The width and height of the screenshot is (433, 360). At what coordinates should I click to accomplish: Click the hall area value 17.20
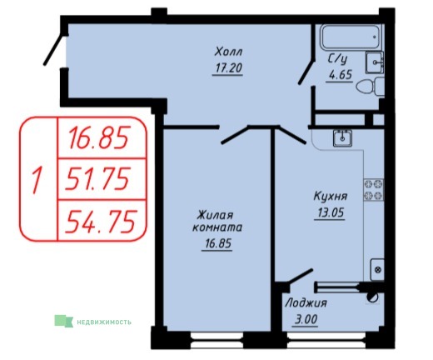pos(229,67)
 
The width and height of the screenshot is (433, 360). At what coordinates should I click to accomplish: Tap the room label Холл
pos(229,52)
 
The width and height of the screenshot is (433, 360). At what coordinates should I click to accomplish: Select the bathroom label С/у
pos(337,59)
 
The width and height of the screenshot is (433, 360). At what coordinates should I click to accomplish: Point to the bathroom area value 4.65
pos(341,74)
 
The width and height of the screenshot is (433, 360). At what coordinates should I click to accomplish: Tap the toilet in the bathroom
pos(371,87)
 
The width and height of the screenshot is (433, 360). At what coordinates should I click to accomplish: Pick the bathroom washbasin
pos(375,62)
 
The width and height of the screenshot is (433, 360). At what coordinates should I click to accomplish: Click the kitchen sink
pos(342,137)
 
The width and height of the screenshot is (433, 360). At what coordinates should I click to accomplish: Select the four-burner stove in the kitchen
pos(374,190)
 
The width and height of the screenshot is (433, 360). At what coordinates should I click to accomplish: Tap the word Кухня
pos(331,196)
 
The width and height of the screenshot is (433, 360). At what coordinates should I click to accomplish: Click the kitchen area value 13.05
pos(331,213)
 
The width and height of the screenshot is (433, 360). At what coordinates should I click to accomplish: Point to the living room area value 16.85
pos(218,243)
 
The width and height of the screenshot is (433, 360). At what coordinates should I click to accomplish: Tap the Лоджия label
pos(306,302)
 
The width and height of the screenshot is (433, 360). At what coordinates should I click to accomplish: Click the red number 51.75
pos(97,179)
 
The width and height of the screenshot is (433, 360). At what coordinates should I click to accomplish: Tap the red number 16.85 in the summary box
pos(99,137)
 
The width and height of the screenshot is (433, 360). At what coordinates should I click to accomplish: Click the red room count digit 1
pos(37,179)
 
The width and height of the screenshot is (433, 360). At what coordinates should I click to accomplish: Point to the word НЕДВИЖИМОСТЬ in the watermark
pos(104,322)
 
